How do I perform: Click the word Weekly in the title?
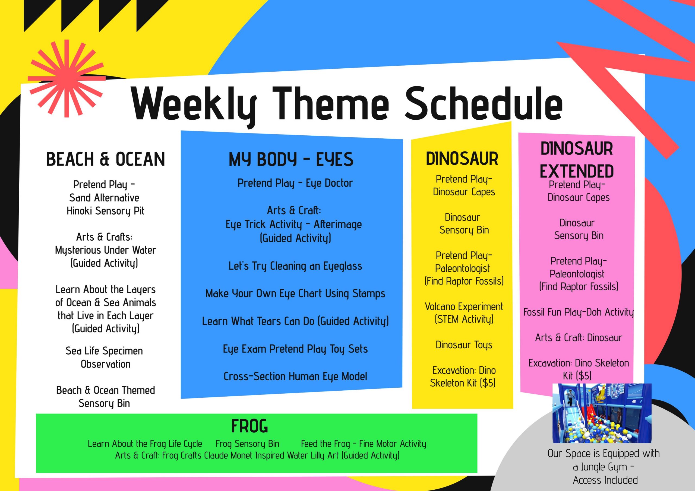[x=194, y=104]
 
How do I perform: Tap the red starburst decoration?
[x=67, y=79]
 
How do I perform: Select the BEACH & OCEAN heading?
[x=105, y=159]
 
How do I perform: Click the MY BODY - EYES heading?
[x=291, y=159]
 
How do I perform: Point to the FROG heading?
[x=249, y=426]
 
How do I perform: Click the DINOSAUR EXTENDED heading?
[x=577, y=160]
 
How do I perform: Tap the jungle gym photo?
[x=602, y=413]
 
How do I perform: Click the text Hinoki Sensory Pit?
[x=105, y=211]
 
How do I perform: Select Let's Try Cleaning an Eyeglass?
[x=295, y=266]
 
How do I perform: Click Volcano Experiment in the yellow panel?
[x=464, y=307]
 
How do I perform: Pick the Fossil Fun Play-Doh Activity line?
[x=579, y=312]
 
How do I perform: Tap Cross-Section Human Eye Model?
[x=295, y=376]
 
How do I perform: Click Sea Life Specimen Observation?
[x=105, y=357]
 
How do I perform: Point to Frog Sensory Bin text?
[x=247, y=444]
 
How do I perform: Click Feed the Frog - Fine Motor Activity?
[x=364, y=444]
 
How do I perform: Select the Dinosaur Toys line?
[x=464, y=345]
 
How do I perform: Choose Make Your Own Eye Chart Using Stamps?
[x=295, y=294]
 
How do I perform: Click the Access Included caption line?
[x=605, y=480]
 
